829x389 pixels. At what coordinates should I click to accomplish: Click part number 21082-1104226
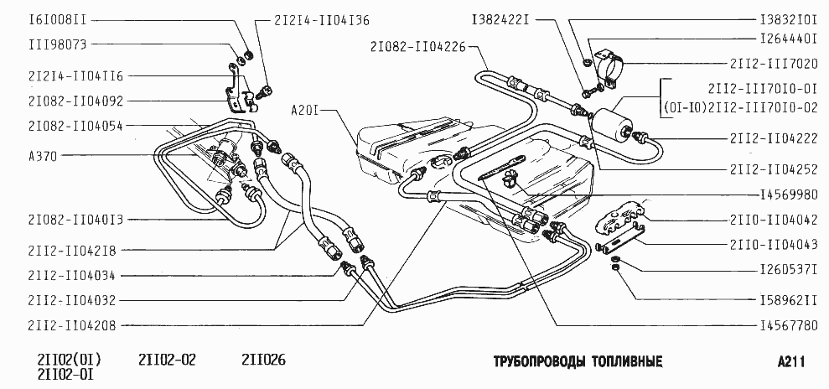coord(417,47)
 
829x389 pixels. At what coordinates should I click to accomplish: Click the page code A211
coord(791,361)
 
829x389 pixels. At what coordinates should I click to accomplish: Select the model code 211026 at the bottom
coord(263,360)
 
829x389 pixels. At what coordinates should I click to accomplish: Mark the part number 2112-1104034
coord(70,275)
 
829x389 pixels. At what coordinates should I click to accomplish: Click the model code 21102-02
coord(167,360)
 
